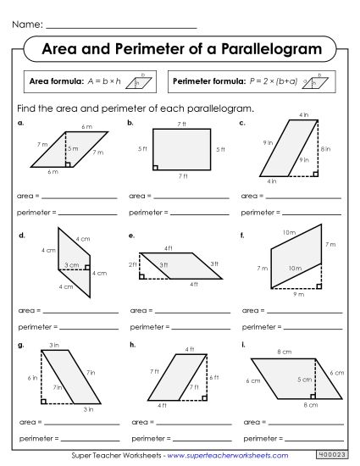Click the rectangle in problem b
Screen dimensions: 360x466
click(182, 149)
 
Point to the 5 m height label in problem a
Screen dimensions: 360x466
click(73, 149)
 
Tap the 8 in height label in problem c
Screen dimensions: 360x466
click(326, 148)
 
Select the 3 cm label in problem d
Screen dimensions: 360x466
click(70, 265)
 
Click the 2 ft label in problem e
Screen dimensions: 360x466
click(132, 265)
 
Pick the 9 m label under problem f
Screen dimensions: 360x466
click(298, 294)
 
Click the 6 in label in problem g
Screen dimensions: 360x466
click(32, 377)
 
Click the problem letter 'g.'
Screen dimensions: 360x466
click(20, 345)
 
